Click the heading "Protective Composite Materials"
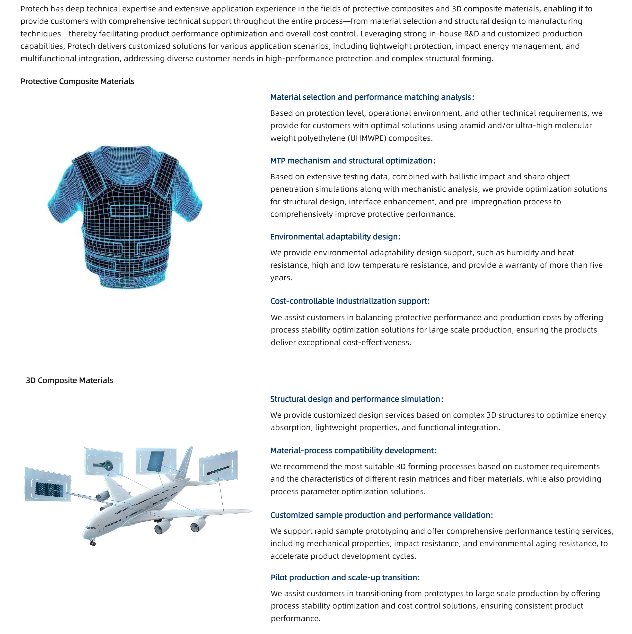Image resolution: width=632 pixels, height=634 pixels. click(x=77, y=81)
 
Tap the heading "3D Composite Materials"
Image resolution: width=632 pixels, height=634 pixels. click(x=69, y=380)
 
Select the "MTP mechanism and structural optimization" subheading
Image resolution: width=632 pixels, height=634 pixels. click(x=352, y=161)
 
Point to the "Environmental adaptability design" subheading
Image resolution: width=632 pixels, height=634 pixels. click(x=335, y=237)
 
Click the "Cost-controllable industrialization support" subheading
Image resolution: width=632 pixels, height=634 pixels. click(x=350, y=301)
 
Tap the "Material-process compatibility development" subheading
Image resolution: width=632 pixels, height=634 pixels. click(x=353, y=450)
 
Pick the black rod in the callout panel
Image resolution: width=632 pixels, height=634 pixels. click(x=218, y=471)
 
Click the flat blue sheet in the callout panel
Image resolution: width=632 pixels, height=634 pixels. click(x=156, y=462)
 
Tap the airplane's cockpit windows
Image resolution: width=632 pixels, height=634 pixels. click(x=90, y=528)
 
